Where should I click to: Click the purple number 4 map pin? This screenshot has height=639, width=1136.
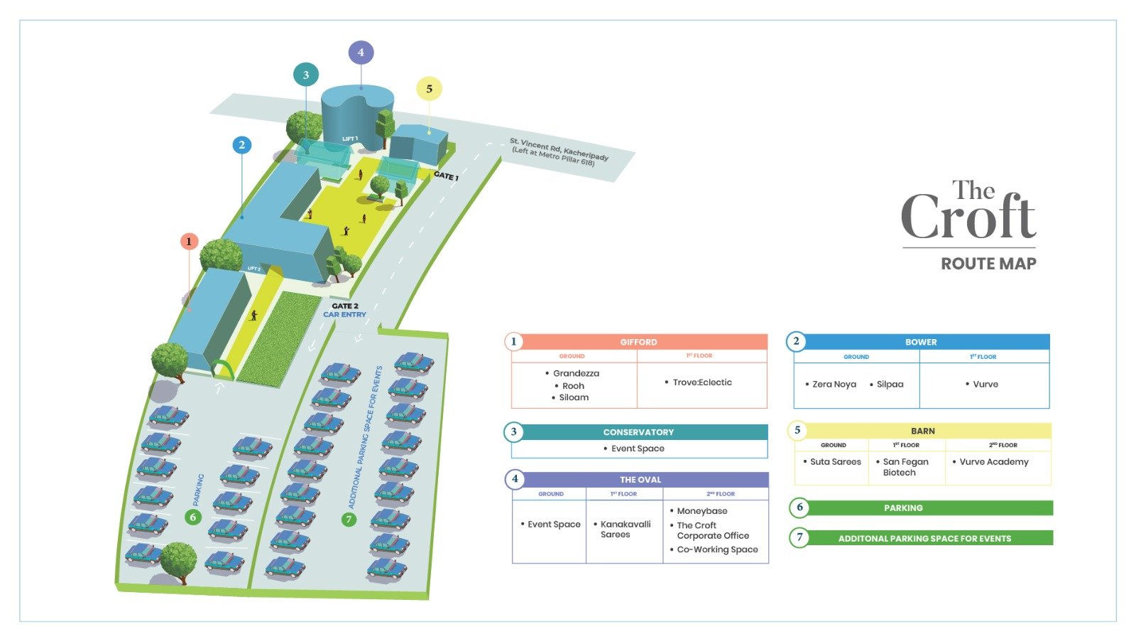[x=361, y=52]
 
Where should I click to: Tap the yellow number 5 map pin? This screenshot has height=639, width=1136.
[x=429, y=89]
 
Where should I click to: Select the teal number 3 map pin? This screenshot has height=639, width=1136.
[x=306, y=75]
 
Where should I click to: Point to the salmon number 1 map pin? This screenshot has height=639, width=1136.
[x=189, y=242]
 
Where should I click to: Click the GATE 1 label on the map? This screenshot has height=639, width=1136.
[x=446, y=176]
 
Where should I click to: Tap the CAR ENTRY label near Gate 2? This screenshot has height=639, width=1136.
[x=345, y=314]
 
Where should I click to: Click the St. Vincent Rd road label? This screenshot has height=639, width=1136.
[x=559, y=151]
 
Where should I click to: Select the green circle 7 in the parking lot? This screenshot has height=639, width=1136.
[x=349, y=520]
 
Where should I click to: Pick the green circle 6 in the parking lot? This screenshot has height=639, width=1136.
[x=192, y=517]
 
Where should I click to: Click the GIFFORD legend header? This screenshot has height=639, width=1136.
[x=638, y=342]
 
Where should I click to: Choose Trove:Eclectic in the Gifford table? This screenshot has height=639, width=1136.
[x=701, y=382]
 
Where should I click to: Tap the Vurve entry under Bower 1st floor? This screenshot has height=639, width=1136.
[x=985, y=384]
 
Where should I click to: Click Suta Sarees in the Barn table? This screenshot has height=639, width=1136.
[x=835, y=462]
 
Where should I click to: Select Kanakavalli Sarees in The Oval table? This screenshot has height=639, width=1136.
[x=625, y=530]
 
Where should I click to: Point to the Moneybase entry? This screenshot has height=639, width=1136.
[x=701, y=511]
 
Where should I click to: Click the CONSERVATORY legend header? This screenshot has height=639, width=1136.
[x=638, y=432]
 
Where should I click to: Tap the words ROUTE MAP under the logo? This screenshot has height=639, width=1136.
[x=988, y=264]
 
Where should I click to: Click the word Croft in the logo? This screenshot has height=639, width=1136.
[x=968, y=218]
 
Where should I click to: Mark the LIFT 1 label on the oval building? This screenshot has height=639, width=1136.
[x=350, y=139]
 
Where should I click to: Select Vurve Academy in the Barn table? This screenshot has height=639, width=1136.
[x=993, y=462]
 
